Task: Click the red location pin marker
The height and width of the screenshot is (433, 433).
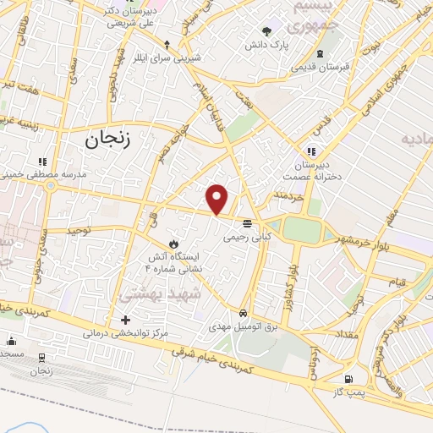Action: coord(217,198)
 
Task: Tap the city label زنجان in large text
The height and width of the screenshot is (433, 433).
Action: coord(108,140)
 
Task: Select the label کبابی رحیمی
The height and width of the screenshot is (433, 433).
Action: coord(244,238)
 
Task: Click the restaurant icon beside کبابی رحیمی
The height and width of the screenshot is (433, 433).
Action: coord(247,223)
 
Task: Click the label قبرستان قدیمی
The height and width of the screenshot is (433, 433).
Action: coord(316,65)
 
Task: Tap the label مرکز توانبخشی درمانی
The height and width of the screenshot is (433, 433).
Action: coord(125,333)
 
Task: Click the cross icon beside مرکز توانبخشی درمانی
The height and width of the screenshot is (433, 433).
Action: coord(125,320)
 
